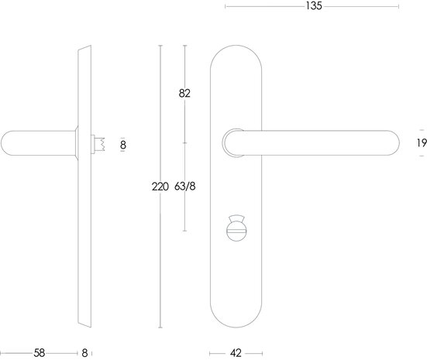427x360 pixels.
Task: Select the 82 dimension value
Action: [184, 94]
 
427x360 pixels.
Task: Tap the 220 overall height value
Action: [160, 186]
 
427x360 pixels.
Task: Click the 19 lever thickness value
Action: [421, 142]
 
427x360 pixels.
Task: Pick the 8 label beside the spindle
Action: [122, 143]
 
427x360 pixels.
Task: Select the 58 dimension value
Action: [39, 353]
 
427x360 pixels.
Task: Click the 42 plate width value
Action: [236, 353]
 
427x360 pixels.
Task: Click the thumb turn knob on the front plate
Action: [236, 231]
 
